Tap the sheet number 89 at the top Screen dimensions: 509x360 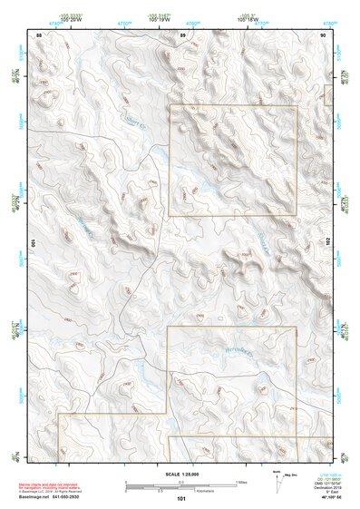tap(182, 34)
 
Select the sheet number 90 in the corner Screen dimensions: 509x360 tap(324, 34)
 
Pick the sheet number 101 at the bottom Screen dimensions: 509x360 tap(181, 498)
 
